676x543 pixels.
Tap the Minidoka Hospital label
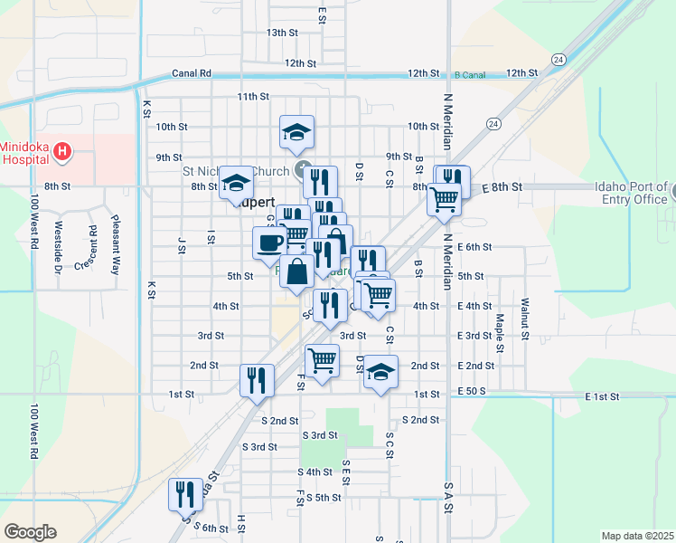point(25,154)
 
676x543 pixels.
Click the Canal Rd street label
point(191,73)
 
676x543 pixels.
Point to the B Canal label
point(470,74)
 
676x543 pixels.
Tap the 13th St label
point(282,33)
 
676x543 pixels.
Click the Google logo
point(30,532)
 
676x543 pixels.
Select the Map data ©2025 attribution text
point(636,536)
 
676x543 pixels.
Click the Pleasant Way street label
point(116,244)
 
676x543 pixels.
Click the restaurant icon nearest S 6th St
point(185,494)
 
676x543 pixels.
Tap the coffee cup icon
point(270,242)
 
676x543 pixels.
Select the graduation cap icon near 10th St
point(296,132)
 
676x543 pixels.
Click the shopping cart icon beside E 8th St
point(443,198)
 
